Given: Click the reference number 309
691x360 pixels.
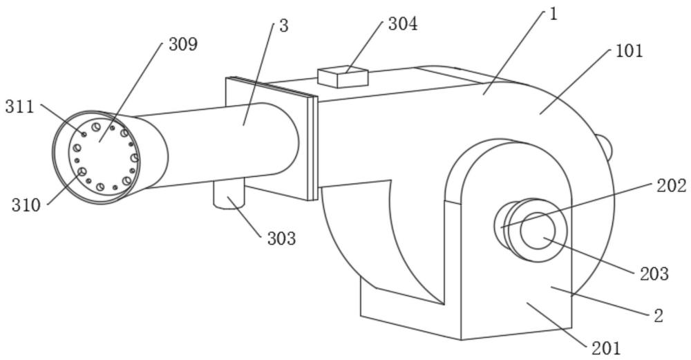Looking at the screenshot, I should click(x=183, y=45).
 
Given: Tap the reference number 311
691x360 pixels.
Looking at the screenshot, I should click(x=19, y=106).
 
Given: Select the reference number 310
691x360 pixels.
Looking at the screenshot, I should click(x=26, y=205).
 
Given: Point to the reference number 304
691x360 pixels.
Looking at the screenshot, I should click(x=402, y=23).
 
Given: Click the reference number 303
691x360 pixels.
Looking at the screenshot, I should click(x=281, y=239).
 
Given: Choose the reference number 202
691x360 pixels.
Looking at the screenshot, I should click(x=672, y=185).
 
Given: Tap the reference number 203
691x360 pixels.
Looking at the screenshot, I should click(x=654, y=274).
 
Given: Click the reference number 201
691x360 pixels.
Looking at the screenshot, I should click(x=606, y=348).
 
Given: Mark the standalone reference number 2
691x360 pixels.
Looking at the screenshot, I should click(x=658, y=316).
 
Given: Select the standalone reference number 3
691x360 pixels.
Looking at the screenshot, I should click(x=283, y=26).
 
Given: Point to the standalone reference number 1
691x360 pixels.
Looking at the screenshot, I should click(x=553, y=15).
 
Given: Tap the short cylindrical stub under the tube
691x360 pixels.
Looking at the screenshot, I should click(x=229, y=194).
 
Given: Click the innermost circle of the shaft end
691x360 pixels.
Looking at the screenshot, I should click(x=538, y=231).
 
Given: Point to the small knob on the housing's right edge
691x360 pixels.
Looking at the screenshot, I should click(x=605, y=148).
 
